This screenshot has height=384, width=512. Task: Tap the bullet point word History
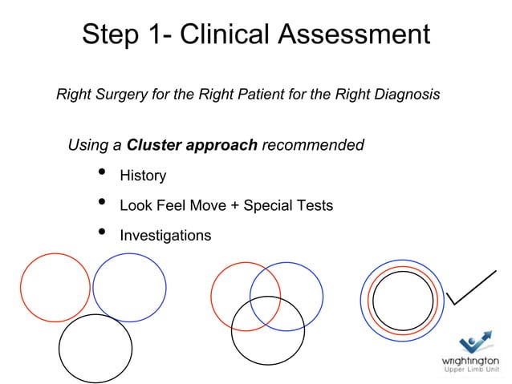coord(143,176)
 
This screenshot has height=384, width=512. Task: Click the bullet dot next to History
coord(101,173)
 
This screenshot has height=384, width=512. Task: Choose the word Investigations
coord(165,236)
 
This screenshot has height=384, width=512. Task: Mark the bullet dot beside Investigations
coord(101,233)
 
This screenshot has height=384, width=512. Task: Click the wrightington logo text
coord(471,360)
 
